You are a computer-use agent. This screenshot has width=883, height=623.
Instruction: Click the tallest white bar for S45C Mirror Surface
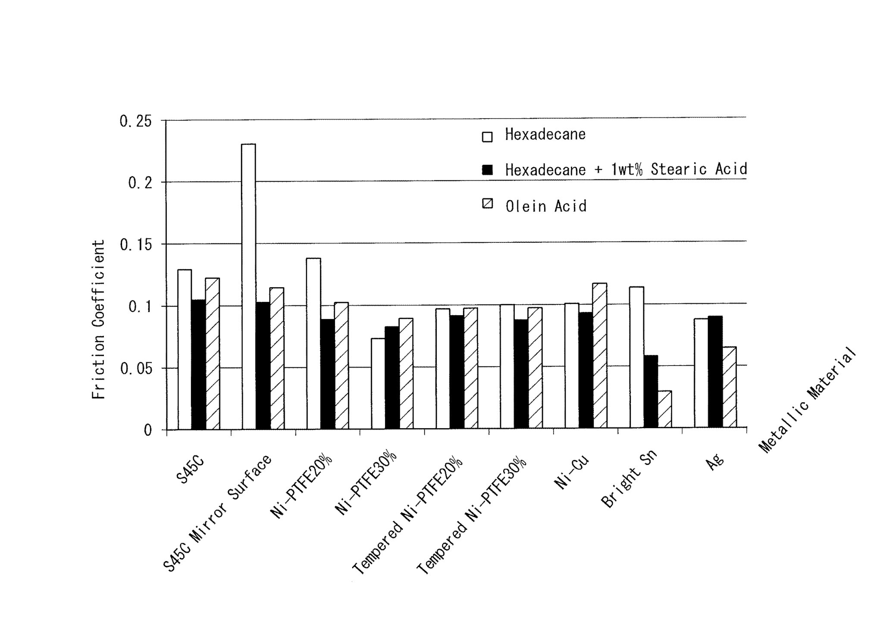point(248,286)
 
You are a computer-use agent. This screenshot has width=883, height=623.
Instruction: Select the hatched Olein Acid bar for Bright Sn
point(664,409)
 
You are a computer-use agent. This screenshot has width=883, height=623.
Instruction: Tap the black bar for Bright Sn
point(651,391)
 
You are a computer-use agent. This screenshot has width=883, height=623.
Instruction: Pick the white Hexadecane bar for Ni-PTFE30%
point(378,383)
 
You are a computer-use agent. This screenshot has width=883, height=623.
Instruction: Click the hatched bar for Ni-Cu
point(600,355)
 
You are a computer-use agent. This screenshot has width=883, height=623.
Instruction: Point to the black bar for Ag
point(715,372)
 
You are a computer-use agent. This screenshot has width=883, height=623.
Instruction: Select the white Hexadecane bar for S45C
point(185,349)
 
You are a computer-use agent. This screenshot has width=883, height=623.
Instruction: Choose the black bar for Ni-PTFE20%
point(327,374)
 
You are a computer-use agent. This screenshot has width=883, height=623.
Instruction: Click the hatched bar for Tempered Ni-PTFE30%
point(535,368)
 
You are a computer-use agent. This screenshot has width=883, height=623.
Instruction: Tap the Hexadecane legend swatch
point(487,137)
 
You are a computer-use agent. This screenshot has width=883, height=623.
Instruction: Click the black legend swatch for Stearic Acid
point(487,169)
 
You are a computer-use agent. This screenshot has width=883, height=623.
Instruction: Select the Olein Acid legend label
point(546,207)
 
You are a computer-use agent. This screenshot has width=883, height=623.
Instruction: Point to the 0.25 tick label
point(135,122)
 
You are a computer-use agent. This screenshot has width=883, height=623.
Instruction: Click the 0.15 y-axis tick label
point(135,245)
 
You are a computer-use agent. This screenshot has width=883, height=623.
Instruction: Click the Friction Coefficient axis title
point(99,319)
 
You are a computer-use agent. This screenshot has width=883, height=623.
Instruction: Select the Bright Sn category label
point(629,478)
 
